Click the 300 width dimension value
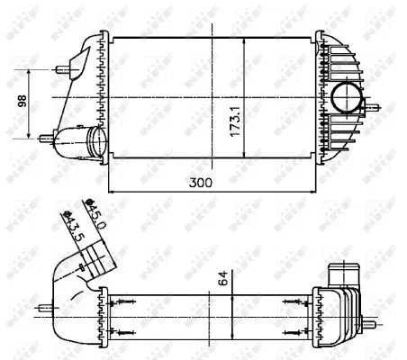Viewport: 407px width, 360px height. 212,183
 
